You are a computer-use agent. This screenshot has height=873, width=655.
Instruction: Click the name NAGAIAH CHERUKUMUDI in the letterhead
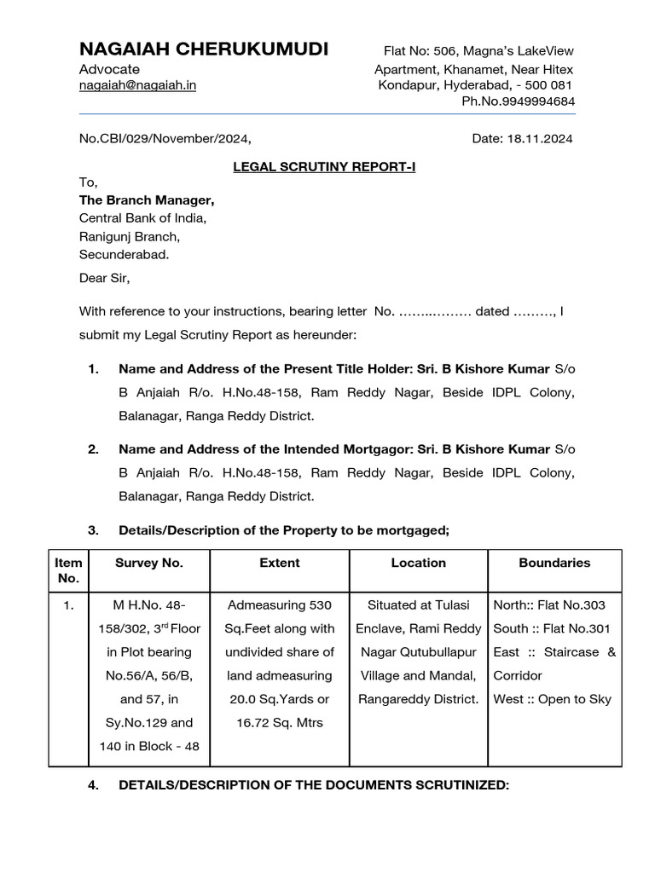point(203,49)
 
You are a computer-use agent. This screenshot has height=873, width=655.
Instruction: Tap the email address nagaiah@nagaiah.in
point(137,86)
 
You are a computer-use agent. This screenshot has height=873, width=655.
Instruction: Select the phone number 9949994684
point(535,102)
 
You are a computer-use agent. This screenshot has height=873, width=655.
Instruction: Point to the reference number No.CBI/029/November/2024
point(165,138)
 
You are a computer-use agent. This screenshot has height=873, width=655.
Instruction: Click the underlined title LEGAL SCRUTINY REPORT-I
point(324,167)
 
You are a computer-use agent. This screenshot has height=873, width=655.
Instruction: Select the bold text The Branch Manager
point(147,200)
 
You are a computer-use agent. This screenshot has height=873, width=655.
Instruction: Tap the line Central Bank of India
point(142,218)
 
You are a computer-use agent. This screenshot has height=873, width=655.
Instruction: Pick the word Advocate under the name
point(109,69)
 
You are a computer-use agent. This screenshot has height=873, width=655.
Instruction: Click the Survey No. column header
point(149,563)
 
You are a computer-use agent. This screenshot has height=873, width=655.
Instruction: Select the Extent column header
point(280,563)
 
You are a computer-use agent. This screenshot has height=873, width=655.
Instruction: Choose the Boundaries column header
point(554,563)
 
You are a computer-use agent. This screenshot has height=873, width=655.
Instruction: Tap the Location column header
point(418,563)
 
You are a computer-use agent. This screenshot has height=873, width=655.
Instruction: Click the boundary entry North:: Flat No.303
point(549,605)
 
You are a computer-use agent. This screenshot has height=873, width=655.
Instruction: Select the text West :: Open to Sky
point(552,700)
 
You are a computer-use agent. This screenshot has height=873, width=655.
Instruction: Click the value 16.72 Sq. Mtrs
point(280,723)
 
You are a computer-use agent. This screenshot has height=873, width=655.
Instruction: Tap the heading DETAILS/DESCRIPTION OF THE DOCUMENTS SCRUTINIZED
point(314,785)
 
